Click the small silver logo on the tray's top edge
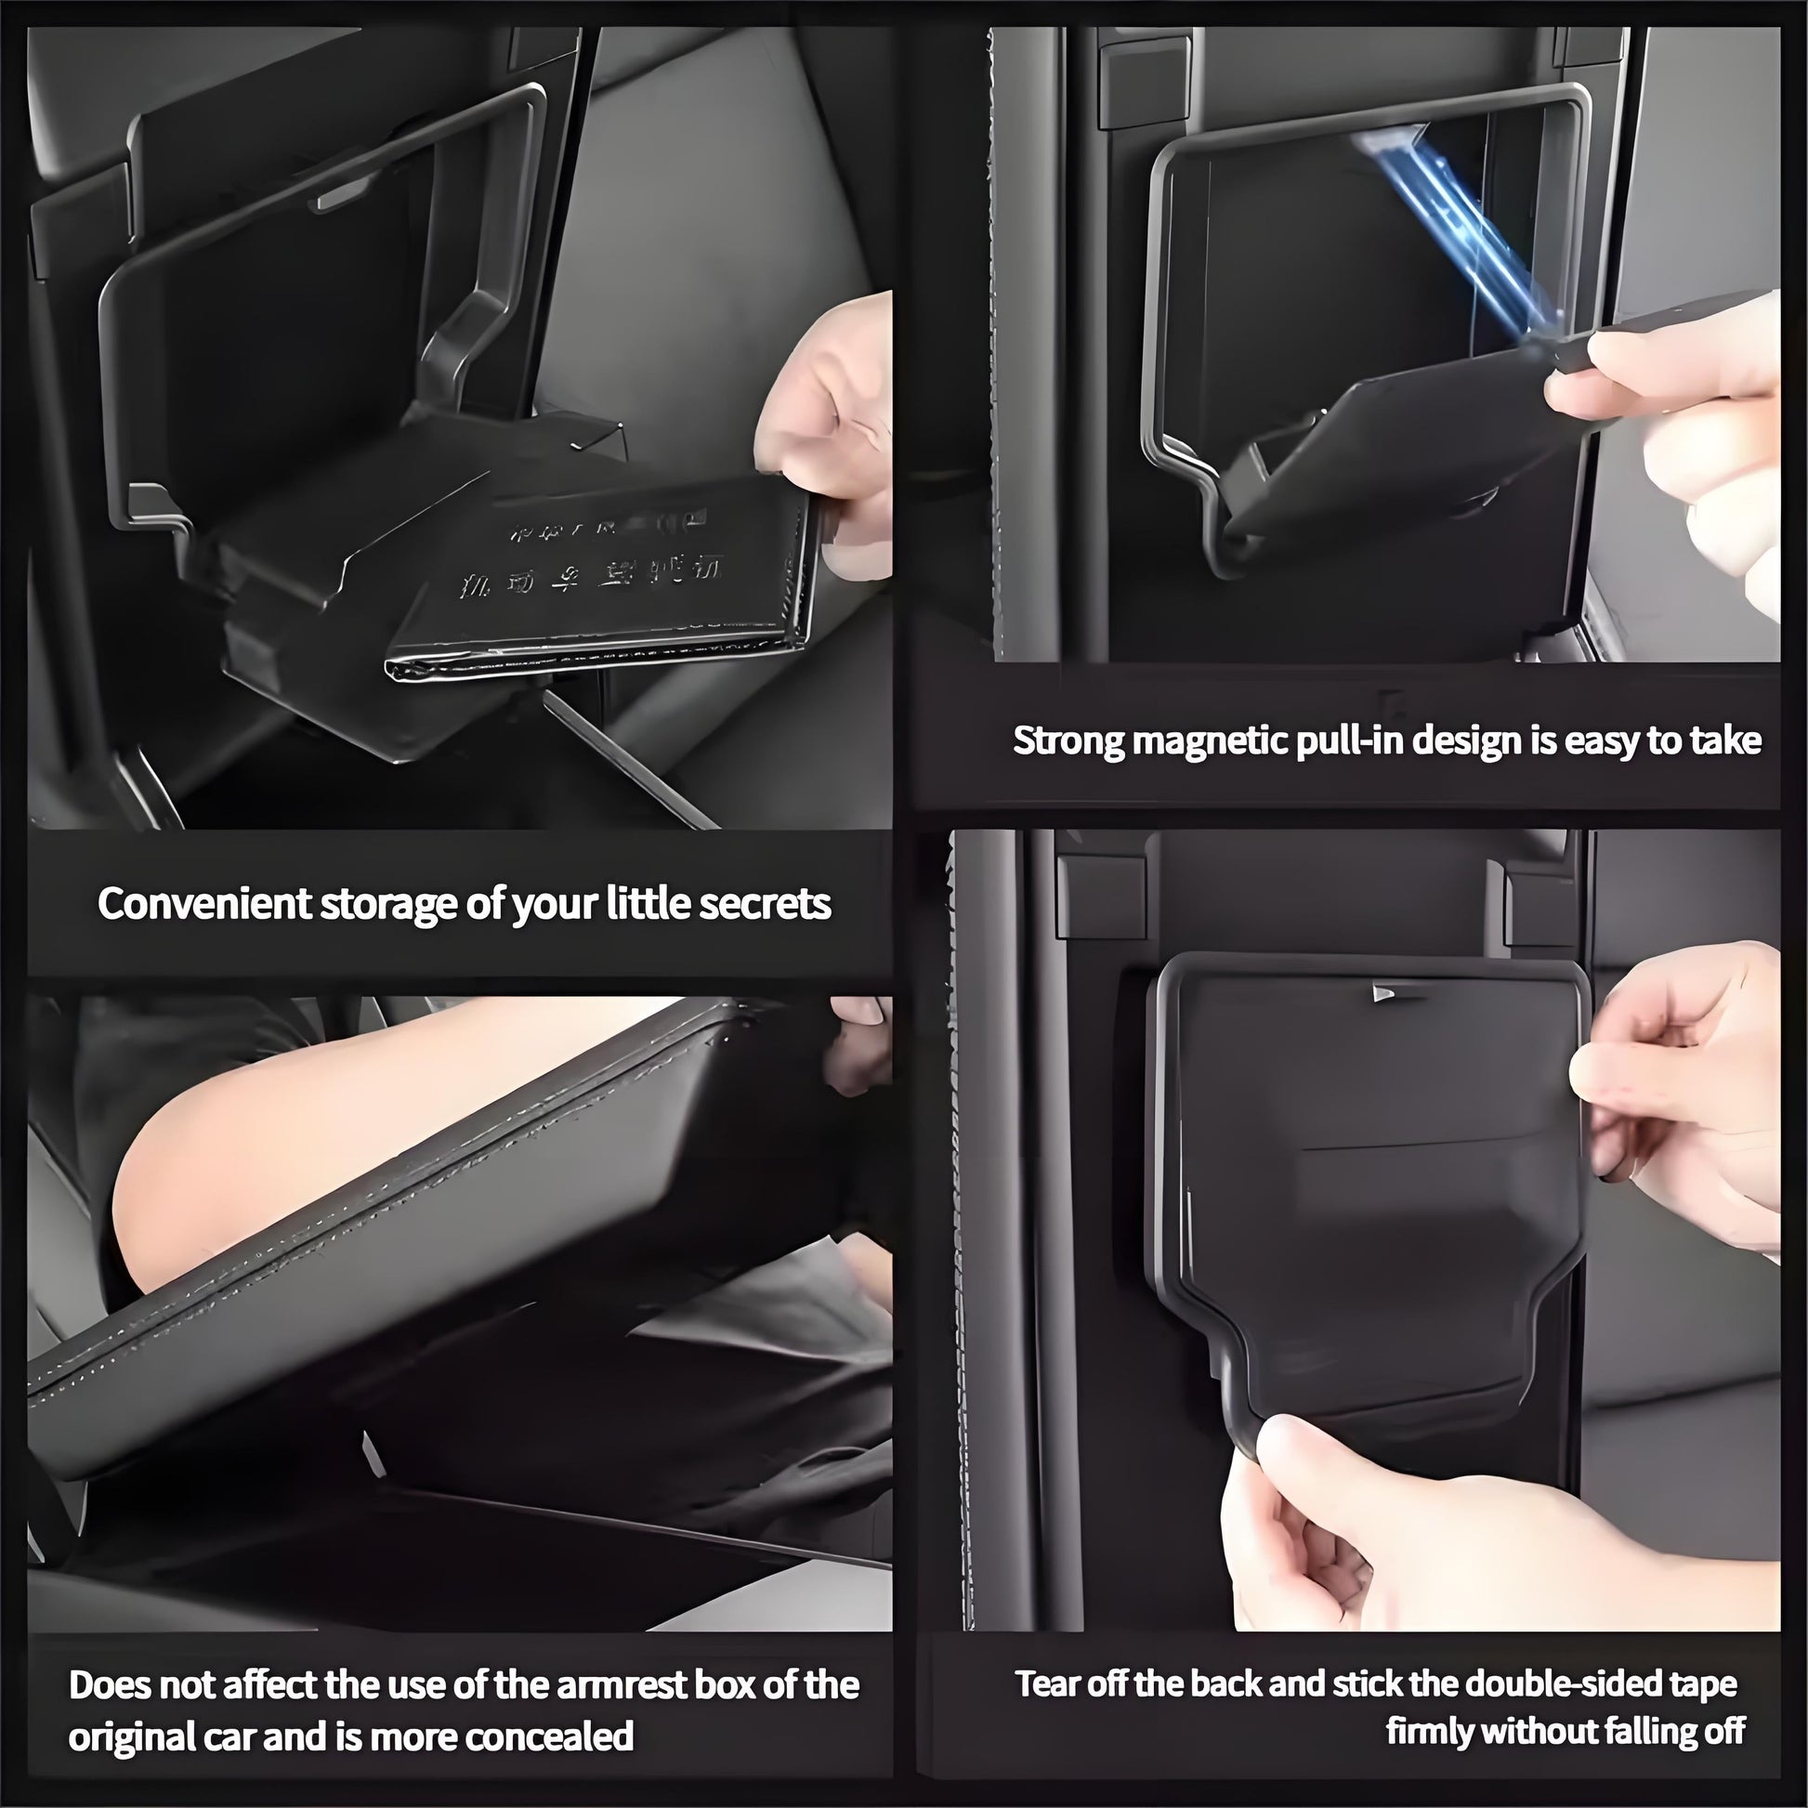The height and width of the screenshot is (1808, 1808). [x=1382, y=994]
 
